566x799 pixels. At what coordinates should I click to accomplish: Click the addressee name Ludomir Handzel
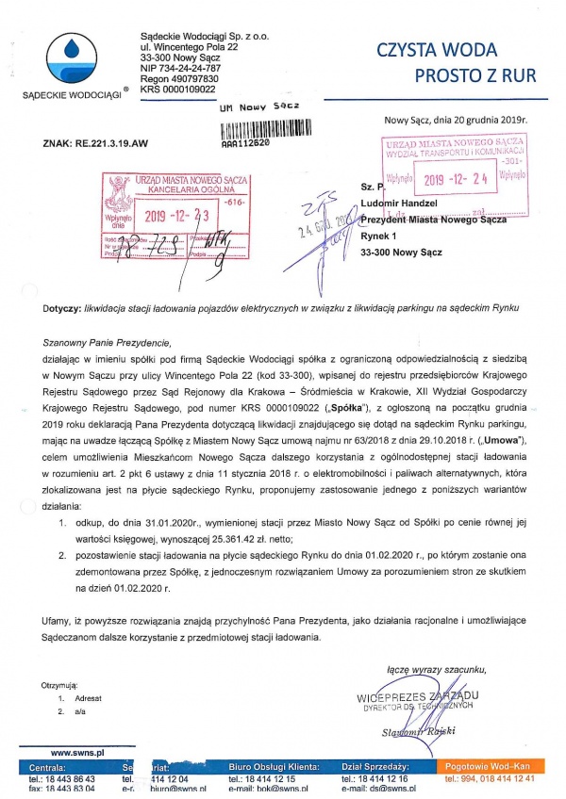pyautogui.click(x=404, y=204)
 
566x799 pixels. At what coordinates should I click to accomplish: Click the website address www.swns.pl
pyautogui.click(x=76, y=753)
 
